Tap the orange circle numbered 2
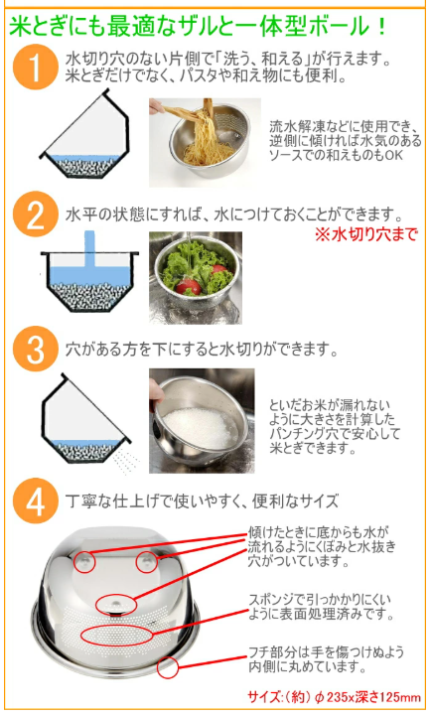click(x=35, y=215)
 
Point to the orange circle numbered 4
click(x=35, y=502)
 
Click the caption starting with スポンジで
click(x=319, y=607)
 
